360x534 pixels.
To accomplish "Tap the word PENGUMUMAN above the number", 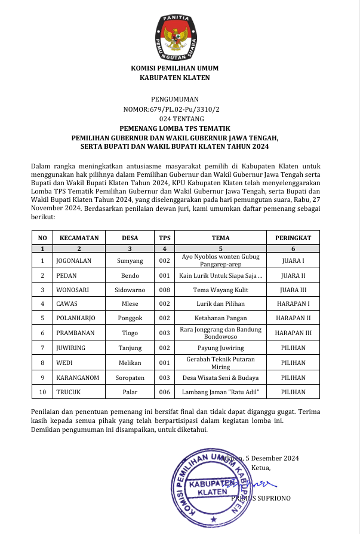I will point(175,99).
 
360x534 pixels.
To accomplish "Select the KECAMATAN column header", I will point(79,238).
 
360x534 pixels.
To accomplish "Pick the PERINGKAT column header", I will point(293,238).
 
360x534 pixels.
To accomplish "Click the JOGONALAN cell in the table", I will point(75,260).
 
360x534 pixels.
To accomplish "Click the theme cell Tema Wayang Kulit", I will point(220,289).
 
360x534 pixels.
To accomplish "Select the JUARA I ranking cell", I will point(293,260).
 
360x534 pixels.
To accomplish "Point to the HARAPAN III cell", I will point(293,332).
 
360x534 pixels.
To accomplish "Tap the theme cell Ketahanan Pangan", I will point(220,318).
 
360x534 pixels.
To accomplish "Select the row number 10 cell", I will point(42,392).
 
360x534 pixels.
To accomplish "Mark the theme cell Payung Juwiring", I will point(220,346).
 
